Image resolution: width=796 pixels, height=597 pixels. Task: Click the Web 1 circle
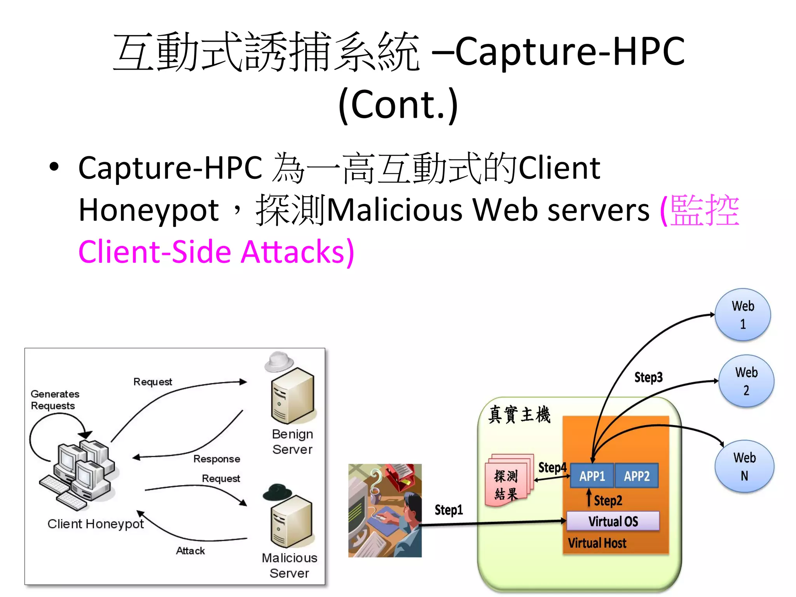click(x=743, y=315)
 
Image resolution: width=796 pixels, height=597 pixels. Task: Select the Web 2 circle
click(x=746, y=381)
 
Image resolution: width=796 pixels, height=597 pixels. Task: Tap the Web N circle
click(x=744, y=466)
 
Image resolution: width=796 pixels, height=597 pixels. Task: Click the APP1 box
click(x=592, y=476)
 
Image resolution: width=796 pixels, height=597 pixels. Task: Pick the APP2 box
click(x=637, y=476)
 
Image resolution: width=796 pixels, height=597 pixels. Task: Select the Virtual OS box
click(x=613, y=521)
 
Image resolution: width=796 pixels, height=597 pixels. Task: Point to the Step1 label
click(x=449, y=510)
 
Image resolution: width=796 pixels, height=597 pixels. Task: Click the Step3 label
click(x=648, y=377)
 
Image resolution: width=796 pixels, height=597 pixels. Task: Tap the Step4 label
click(x=552, y=467)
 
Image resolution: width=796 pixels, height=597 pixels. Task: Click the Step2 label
click(x=608, y=501)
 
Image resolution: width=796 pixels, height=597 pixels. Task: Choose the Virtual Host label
click(x=597, y=543)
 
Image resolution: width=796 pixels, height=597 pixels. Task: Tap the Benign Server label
click(x=292, y=442)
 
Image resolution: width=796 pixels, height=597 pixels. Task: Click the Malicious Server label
click(x=290, y=566)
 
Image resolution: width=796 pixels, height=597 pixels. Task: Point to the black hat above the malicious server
click(x=277, y=492)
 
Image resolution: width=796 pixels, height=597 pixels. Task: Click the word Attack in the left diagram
click(x=190, y=551)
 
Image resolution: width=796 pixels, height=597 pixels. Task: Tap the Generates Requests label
click(x=55, y=400)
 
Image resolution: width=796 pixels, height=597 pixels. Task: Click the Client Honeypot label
click(x=96, y=524)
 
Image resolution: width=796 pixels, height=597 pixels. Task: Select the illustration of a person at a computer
click(x=385, y=510)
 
